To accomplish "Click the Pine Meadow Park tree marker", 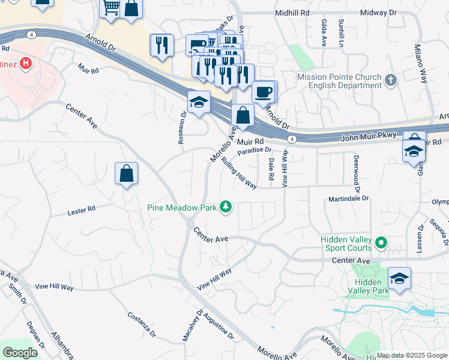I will (x=226, y=208).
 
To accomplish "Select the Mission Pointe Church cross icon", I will (x=391, y=80).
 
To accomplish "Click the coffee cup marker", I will (x=264, y=92).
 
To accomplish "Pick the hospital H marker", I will (x=26, y=62).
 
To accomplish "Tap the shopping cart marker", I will (x=110, y=8).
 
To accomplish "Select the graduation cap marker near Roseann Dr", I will (x=199, y=102).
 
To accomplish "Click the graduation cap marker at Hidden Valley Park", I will (x=399, y=278).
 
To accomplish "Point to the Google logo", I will (x=20, y=353).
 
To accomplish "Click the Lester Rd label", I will (x=82, y=211).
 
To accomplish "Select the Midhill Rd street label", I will (x=293, y=13).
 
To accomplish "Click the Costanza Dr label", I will (x=142, y=325).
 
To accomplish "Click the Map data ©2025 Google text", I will (x=412, y=355).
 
